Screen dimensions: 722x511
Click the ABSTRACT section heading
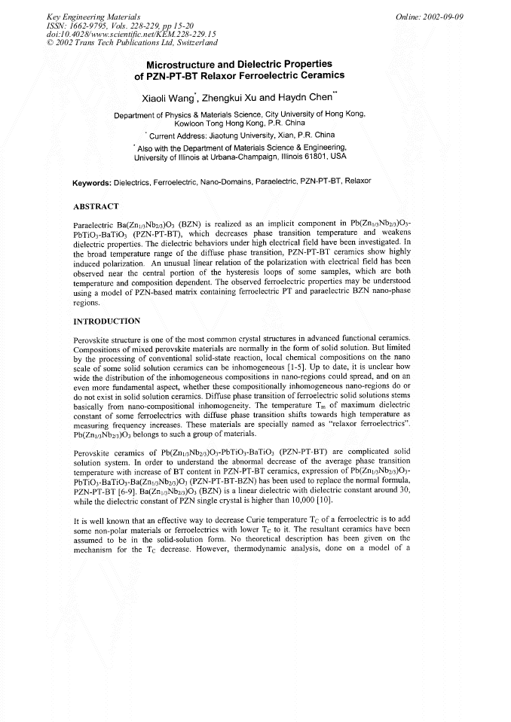click(96, 206)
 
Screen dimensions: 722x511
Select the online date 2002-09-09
click(466, 17)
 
